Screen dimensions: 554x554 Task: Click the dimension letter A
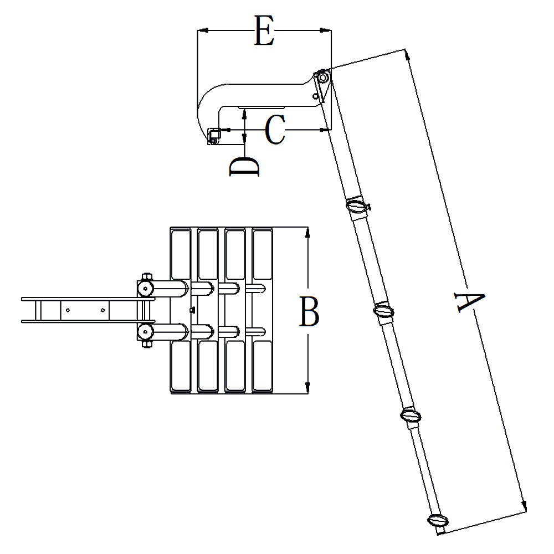click(470, 301)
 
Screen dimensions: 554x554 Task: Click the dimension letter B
click(309, 311)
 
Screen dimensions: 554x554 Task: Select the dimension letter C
click(275, 130)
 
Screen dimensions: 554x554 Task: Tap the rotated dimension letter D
click(244, 166)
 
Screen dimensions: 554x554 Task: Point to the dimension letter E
click(264, 30)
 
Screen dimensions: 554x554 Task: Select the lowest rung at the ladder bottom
click(438, 520)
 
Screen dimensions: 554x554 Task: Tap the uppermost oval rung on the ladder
click(357, 206)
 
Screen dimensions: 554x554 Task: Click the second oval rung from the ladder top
click(384, 311)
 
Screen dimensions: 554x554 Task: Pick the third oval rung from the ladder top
click(411, 416)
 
